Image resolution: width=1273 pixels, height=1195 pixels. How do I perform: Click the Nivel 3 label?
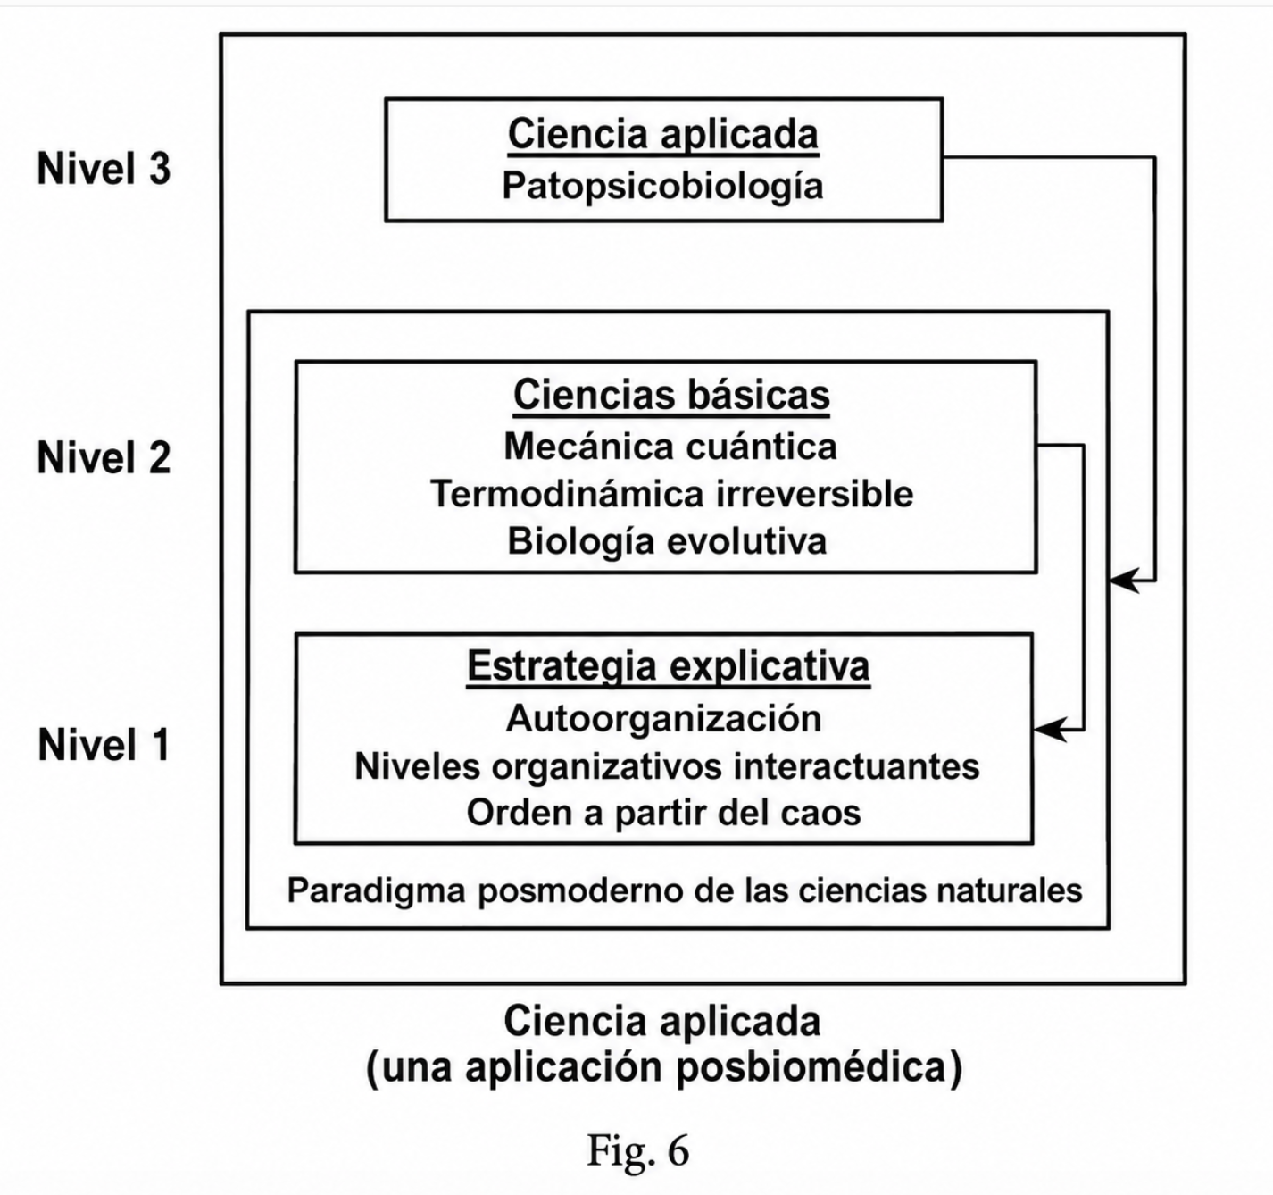click(x=104, y=169)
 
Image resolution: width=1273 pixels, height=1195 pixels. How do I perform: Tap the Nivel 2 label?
click(x=104, y=458)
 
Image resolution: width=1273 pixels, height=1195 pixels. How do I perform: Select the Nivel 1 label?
click(x=104, y=745)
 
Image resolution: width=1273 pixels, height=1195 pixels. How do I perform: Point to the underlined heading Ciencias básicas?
click(x=671, y=395)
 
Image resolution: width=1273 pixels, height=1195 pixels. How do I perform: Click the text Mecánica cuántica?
click(x=670, y=447)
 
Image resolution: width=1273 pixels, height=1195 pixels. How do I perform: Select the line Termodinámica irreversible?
click(x=671, y=495)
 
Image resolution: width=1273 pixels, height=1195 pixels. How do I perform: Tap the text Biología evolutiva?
click(x=667, y=542)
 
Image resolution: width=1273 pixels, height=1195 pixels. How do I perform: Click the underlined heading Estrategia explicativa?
click(x=669, y=667)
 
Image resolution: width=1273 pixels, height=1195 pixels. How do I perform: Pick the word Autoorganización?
click(x=664, y=719)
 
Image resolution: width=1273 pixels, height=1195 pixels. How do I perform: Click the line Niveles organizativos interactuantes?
click(x=667, y=766)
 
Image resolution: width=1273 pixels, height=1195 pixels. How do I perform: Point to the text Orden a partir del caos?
click(x=663, y=814)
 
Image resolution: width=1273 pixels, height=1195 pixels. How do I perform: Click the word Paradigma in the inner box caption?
click(x=376, y=891)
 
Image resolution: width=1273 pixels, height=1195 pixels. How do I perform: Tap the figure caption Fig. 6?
click(x=638, y=1150)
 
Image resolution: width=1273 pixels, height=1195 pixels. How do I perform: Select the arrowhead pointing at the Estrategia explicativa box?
click(x=1050, y=730)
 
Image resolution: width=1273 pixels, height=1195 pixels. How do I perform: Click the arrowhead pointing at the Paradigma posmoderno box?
click(x=1125, y=581)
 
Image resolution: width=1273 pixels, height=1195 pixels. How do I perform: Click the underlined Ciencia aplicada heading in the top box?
click(x=663, y=135)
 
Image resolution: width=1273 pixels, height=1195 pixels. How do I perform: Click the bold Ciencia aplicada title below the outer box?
click(x=662, y=1021)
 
